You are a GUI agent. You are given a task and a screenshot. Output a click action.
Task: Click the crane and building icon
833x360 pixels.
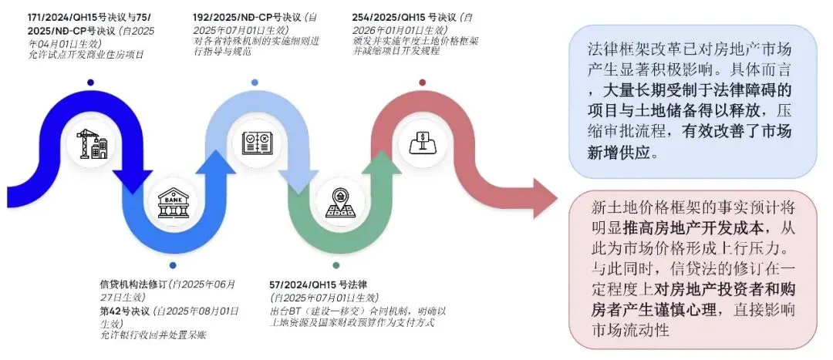(92, 143)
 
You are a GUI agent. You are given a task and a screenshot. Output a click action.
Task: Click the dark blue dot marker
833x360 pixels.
(91, 82)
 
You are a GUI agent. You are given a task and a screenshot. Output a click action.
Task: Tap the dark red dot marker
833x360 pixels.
(422, 82)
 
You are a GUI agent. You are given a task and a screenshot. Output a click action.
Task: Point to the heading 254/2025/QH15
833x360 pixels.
(390, 16)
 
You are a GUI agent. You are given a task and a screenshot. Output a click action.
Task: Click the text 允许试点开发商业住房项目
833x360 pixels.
(86, 55)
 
